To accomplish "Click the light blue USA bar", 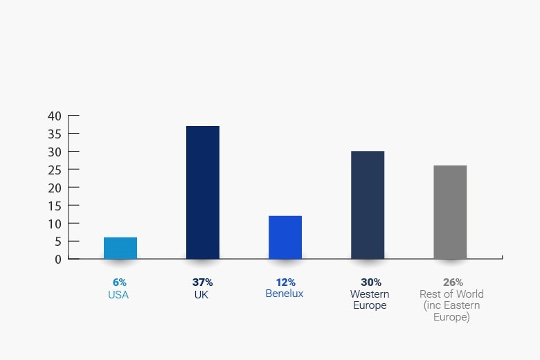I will click(x=120, y=248).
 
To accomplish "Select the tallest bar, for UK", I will click(x=203, y=192).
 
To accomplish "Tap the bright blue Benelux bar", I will click(x=285, y=237).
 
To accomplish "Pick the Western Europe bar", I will click(x=368, y=205).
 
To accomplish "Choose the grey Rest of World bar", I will click(x=450, y=212).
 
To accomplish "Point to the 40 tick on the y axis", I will click(x=55, y=116).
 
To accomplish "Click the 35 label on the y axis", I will click(x=55, y=134).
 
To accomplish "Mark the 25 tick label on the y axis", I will click(x=55, y=170).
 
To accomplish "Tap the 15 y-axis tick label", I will click(x=55, y=206).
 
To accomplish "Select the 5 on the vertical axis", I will click(x=58, y=242).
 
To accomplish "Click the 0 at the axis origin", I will click(x=58, y=259).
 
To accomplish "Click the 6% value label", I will click(x=119, y=282).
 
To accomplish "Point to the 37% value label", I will click(x=202, y=282).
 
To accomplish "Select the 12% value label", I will click(x=285, y=282).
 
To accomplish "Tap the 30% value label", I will click(x=370, y=282).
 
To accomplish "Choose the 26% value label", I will click(x=453, y=282).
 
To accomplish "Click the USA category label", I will click(x=118, y=294).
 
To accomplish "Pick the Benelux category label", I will click(x=285, y=294).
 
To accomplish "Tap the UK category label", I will click(x=201, y=294).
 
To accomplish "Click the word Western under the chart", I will click(x=370, y=294).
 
